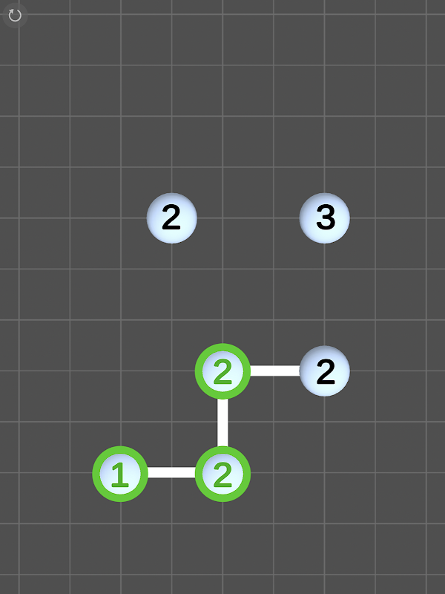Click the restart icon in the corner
15,16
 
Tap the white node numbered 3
325,218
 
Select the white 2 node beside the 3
172,218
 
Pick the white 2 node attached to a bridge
325,371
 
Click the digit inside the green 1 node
120,474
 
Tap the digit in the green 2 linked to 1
222,474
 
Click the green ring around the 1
96,474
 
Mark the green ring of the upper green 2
198,371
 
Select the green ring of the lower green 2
198,474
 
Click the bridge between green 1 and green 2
171,472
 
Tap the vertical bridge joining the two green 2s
222,422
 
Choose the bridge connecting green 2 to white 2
274,371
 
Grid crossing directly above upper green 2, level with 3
222,218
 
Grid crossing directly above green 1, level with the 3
121,218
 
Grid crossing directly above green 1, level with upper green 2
121,371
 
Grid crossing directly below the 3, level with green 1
325,472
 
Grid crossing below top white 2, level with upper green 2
172,371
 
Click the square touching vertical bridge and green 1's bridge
197,447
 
